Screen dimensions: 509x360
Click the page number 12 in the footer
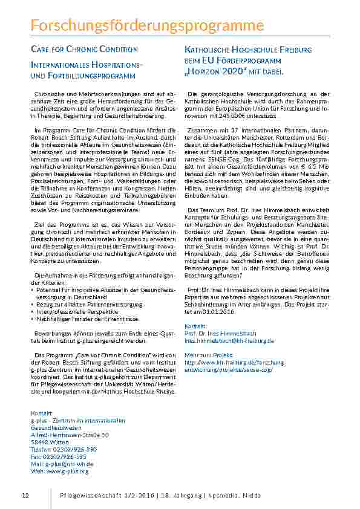pyautogui.click(x=25, y=495)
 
